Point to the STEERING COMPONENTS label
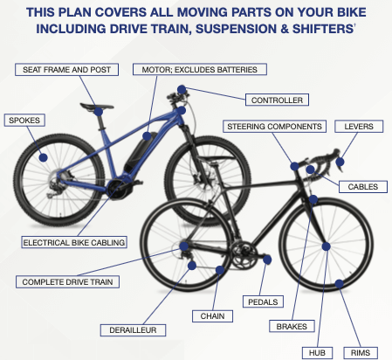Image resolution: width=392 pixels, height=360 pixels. pos(273,127)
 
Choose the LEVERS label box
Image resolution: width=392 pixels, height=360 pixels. pos(359,127)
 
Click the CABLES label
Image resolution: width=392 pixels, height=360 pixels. pos(362,187)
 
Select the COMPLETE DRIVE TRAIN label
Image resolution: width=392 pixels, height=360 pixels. pos(70,281)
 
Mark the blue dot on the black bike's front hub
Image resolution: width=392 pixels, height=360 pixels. pos(325,247)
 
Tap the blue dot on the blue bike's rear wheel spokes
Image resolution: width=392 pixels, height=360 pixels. pos(43,158)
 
